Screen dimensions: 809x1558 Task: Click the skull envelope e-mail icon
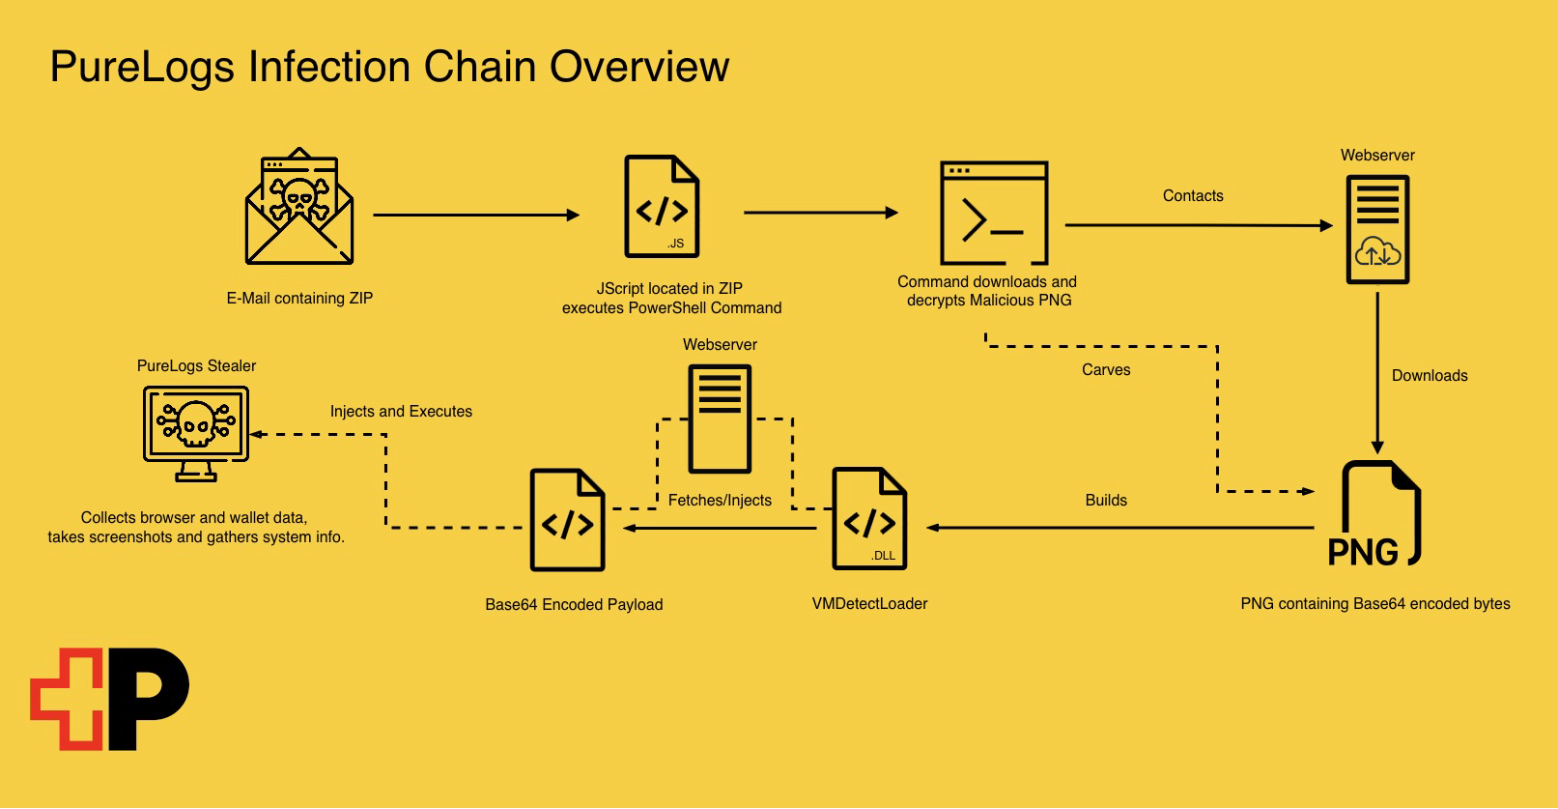(299, 208)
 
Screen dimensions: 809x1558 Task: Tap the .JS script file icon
(662, 207)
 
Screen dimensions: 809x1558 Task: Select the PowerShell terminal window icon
(994, 213)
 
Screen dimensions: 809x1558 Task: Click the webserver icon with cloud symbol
(1377, 229)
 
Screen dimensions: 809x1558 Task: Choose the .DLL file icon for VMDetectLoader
(869, 519)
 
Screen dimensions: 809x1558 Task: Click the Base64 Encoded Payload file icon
(567, 520)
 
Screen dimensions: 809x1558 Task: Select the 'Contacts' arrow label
(1193, 196)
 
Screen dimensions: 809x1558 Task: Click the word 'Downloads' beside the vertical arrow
(1429, 376)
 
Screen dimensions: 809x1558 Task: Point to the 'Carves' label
(1106, 370)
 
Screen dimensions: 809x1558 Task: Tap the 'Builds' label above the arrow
(1106, 501)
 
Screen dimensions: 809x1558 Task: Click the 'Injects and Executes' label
(401, 412)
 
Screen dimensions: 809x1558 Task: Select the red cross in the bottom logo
(66, 699)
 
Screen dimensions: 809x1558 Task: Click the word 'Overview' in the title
(639, 67)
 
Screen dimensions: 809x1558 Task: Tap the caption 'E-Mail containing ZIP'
(299, 299)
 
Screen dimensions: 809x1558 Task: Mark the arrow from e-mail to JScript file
(475, 215)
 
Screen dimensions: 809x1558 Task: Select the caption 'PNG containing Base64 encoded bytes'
(1374, 604)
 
